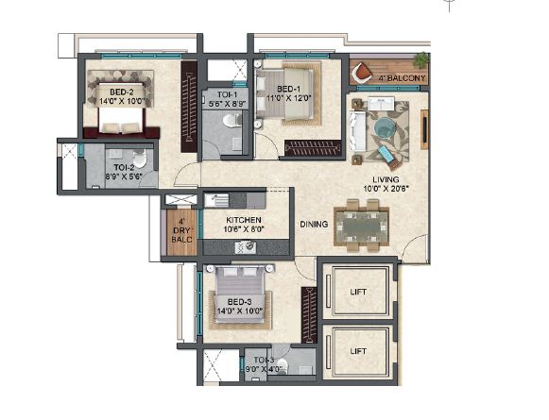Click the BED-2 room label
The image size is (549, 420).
coord(122,92)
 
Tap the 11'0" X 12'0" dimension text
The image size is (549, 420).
coord(289,98)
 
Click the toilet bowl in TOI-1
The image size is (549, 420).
coord(232,120)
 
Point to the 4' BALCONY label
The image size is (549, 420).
coord(403,78)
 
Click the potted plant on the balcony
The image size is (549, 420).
coord(421,59)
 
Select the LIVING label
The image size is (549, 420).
coord(386,179)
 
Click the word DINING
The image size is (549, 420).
coord(314,225)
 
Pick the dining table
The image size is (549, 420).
coord(361,226)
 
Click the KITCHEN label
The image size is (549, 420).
coord(244,220)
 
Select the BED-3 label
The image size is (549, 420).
coord(239,302)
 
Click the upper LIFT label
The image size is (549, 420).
coord(358,292)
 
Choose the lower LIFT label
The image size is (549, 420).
coord(358,351)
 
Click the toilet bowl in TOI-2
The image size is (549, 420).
coord(140,159)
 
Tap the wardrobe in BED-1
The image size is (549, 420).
coord(313,148)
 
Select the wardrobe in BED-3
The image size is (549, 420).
coord(309,315)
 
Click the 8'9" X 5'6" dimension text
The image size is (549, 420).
coord(124,176)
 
